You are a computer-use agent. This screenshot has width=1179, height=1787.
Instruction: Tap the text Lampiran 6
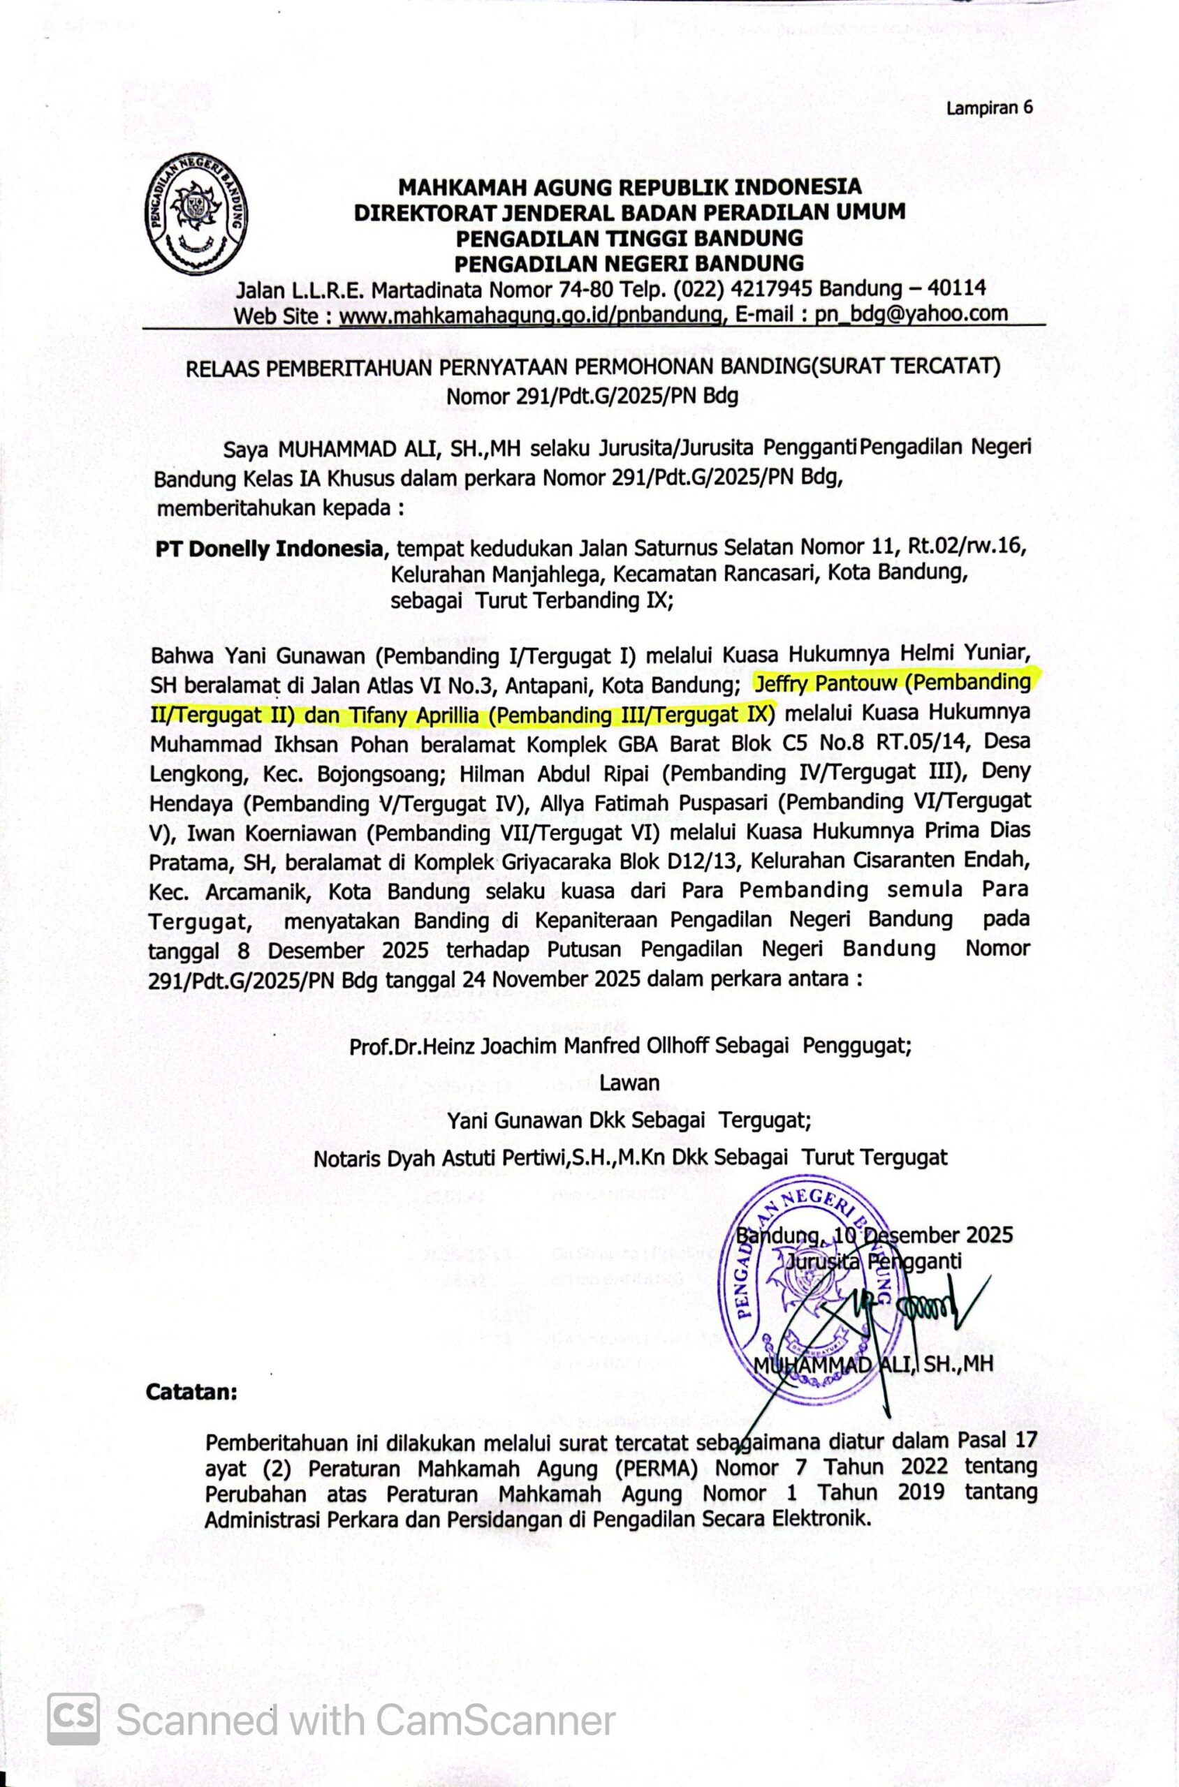(x=990, y=107)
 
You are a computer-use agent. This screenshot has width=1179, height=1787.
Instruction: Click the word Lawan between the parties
(x=629, y=1083)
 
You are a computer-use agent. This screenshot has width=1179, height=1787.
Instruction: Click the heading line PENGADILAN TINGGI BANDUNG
(x=629, y=238)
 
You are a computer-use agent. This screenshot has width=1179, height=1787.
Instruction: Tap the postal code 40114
(x=953, y=288)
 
